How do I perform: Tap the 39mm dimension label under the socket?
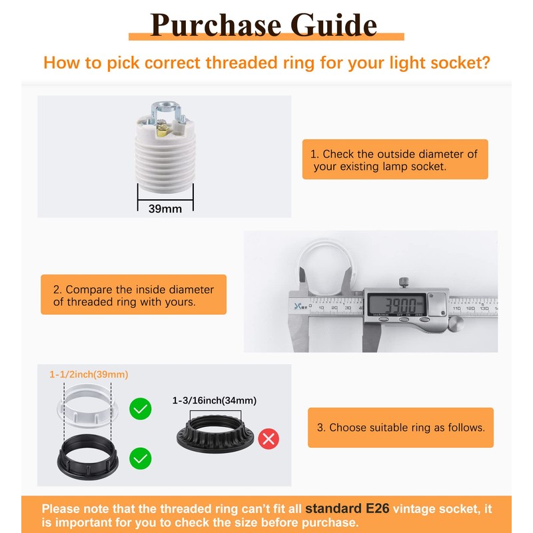pyautogui.click(x=165, y=209)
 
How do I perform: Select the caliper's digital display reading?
pyautogui.click(x=394, y=304)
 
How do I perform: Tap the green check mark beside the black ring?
pyautogui.click(x=140, y=458)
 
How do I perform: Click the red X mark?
pyautogui.click(x=268, y=438)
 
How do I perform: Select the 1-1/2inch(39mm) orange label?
pyautogui.click(x=89, y=374)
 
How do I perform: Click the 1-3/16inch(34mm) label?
pyautogui.click(x=214, y=400)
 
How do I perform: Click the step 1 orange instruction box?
pyautogui.click(x=394, y=160)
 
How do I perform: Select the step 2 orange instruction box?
pyautogui.click(x=133, y=296)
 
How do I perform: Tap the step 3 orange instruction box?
pyautogui.click(x=400, y=428)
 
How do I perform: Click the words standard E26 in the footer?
pyautogui.click(x=346, y=509)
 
